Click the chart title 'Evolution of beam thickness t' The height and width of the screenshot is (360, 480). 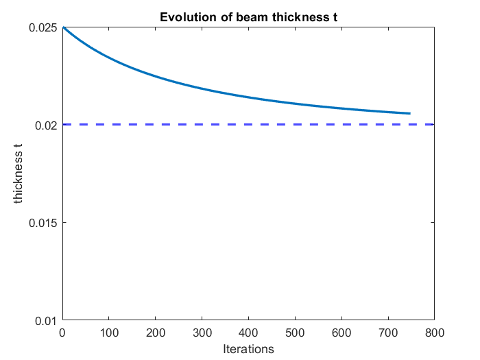(x=248, y=17)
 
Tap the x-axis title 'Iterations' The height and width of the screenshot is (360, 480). (x=248, y=349)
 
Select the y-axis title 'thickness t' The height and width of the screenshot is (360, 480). (x=19, y=174)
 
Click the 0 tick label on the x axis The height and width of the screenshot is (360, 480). (x=62, y=333)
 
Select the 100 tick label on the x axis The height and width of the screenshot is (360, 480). (x=109, y=333)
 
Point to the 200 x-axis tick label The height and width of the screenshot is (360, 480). (x=156, y=333)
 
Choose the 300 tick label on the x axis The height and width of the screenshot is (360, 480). (x=202, y=333)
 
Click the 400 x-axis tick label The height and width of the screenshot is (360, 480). (x=248, y=333)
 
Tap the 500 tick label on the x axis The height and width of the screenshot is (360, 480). (x=295, y=333)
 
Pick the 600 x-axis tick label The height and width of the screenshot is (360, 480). (x=341, y=333)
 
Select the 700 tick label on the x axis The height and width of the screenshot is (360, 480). (x=387, y=333)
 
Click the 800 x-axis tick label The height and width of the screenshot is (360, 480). (x=434, y=333)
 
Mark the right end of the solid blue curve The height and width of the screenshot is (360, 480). (x=409, y=113)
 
